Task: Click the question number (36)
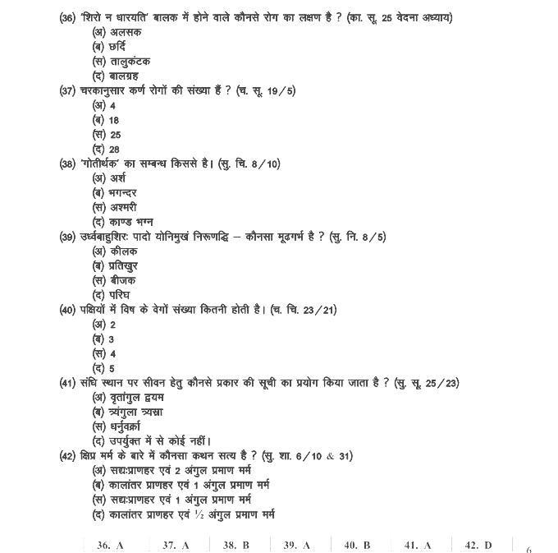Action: [x=68, y=17]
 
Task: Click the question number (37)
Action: [x=68, y=90]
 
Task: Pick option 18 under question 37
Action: [x=113, y=120]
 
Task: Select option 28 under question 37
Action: [x=114, y=149]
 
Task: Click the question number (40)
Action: [x=68, y=310]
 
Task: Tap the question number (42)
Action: [x=68, y=456]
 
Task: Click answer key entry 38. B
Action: [x=236, y=545]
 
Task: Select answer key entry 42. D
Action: [x=478, y=545]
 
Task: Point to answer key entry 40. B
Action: [x=357, y=545]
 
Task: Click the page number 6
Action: [x=529, y=550]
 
